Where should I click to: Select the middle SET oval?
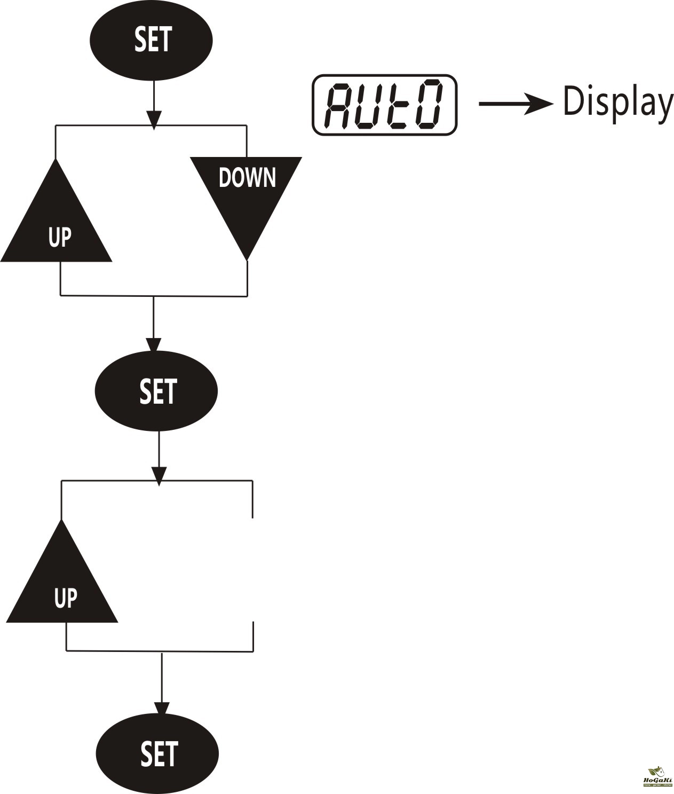pyautogui.click(x=156, y=391)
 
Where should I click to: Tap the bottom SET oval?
pyautogui.click(x=157, y=753)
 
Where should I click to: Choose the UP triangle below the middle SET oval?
pyautogui.click(x=62, y=587)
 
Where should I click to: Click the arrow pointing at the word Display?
pyautogui.click(x=516, y=103)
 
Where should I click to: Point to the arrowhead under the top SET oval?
pyautogui.click(x=154, y=119)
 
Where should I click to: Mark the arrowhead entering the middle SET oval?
pyautogui.click(x=154, y=344)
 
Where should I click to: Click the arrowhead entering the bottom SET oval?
pyautogui.click(x=161, y=708)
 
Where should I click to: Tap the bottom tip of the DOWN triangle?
pyautogui.click(x=247, y=259)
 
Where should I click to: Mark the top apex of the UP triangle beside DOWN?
pyautogui.click(x=55, y=160)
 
